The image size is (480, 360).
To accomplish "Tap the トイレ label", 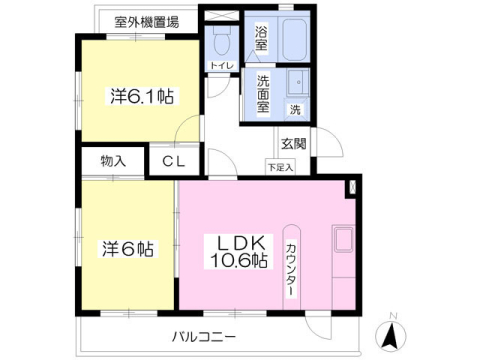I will (221, 66).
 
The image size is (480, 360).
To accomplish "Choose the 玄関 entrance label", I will (293, 144).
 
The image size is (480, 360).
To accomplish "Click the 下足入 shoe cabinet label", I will (280, 166).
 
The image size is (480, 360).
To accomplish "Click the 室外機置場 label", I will (147, 21).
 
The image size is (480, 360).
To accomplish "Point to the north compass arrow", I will (393, 335).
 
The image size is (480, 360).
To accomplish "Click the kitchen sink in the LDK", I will (342, 241).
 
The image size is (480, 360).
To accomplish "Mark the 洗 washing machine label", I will (295, 108).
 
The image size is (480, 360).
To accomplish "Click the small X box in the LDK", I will (351, 186).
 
